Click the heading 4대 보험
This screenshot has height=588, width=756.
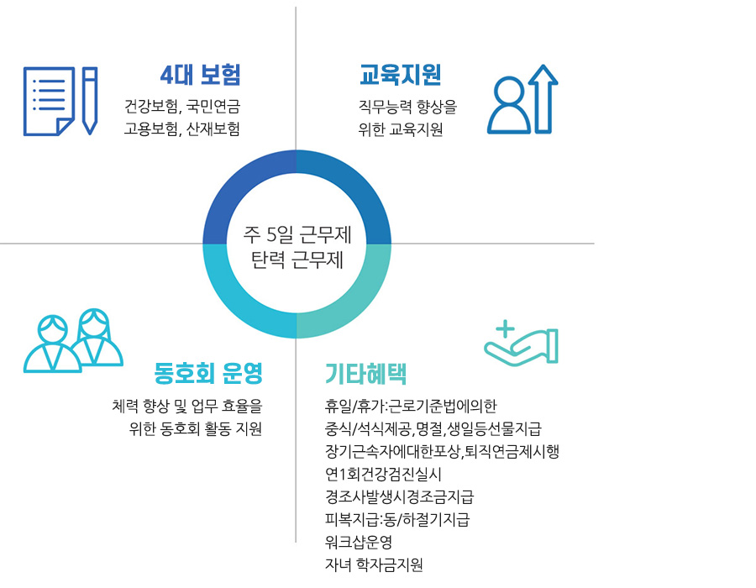(x=200, y=75)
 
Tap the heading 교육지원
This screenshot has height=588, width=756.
(x=400, y=75)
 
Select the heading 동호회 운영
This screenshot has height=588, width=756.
(x=208, y=373)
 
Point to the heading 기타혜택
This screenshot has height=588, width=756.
(x=366, y=374)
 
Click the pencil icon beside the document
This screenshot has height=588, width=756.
(x=90, y=101)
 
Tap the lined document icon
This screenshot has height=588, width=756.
(x=50, y=101)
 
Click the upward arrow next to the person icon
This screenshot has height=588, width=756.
(x=543, y=99)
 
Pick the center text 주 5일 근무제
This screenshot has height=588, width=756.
(x=297, y=234)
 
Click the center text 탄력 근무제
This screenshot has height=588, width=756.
(x=297, y=260)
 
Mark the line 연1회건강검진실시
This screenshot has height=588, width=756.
(x=383, y=475)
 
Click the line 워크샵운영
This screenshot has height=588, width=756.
(x=358, y=542)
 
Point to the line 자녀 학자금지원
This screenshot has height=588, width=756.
(x=374, y=564)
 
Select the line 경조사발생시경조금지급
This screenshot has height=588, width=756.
(x=400, y=497)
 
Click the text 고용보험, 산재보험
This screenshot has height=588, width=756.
(x=182, y=129)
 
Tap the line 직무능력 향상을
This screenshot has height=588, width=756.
(x=407, y=107)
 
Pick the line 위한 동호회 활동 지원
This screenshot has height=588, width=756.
(x=195, y=428)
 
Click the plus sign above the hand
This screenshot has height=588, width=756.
(x=506, y=329)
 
